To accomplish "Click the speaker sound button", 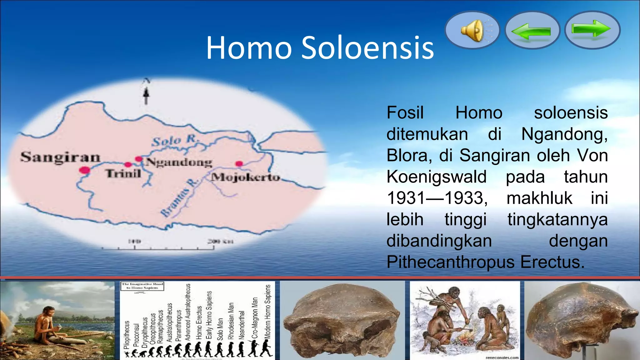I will pyautogui.click(x=472, y=30).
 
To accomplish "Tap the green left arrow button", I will pyautogui.click(x=532, y=31).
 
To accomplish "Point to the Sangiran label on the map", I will pyautogui.click(x=61, y=157).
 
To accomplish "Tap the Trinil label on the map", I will pyautogui.click(x=123, y=174).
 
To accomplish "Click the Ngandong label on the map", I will pyautogui.click(x=179, y=162).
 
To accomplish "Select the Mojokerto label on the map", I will pyautogui.click(x=246, y=177).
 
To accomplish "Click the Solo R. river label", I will pyautogui.click(x=175, y=141).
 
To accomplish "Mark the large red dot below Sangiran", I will pyautogui.click(x=84, y=170).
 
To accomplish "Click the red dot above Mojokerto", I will pyautogui.click(x=239, y=163).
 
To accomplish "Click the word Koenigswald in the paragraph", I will pyautogui.click(x=436, y=177).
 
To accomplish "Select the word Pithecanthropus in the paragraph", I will pyautogui.click(x=450, y=262).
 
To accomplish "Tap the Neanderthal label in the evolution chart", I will pyautogui.click(x=241, y=325).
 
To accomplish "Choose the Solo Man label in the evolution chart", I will pyautogui.click(x=220, y=329).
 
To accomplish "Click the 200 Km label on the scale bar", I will pyautogui.click(x=220, y=241).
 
